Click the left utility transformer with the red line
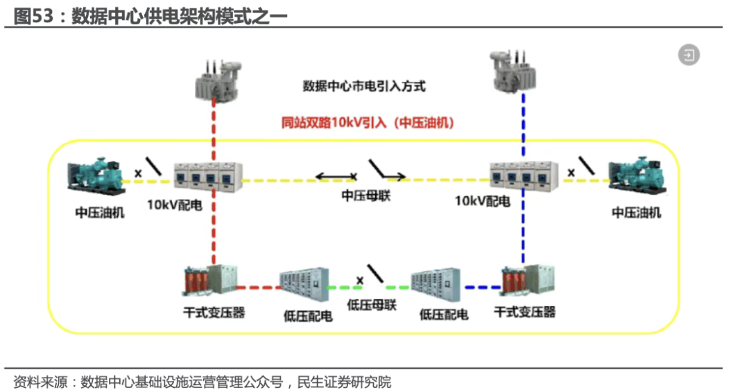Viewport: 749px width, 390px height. [218, 80]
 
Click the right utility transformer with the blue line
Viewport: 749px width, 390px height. [513, 71]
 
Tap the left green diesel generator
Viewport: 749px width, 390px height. [96, 176]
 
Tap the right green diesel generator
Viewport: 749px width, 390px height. [637, 175]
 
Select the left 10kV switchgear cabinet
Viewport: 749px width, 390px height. [208, 177]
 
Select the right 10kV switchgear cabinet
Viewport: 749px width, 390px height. [524, 176]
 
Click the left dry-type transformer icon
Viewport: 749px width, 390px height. [210, 280]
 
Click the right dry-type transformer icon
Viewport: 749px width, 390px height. [527, 280]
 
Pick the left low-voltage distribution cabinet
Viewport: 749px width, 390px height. [304, 285]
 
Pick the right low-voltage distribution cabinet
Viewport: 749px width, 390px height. [436, 285]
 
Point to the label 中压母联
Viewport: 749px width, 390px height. [366, 195]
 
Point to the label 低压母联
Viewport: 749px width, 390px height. [372, 305]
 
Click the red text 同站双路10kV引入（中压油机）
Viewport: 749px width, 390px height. [368, 123]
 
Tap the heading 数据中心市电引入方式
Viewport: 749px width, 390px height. [364, 87]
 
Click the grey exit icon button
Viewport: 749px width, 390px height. [689, 55]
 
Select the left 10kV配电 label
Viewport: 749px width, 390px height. [174, 205]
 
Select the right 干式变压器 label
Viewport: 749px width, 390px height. [524, 312]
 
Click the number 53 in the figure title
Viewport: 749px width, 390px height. [42, 16]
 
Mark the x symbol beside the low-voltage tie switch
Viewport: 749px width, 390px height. [360, 280]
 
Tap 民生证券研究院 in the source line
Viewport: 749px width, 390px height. [344, 382]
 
